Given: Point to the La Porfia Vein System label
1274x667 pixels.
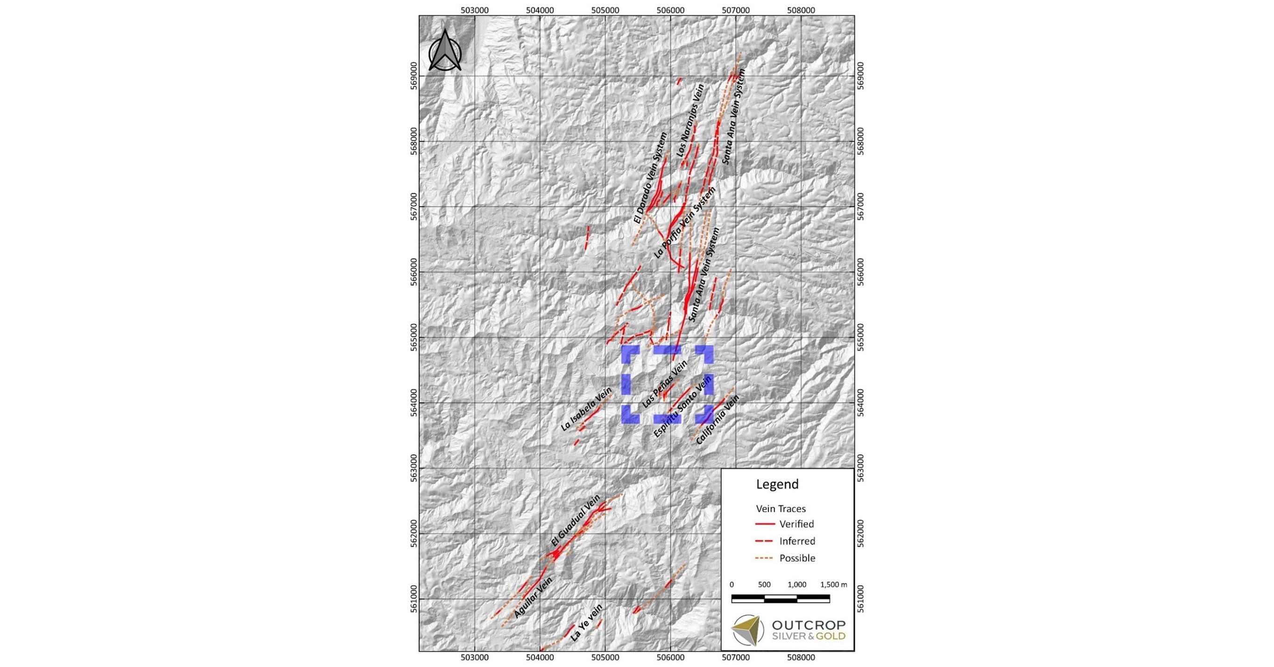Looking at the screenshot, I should [684, 223].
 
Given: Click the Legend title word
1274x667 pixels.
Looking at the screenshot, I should [777, 484].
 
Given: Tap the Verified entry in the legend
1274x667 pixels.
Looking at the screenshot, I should [796, 524].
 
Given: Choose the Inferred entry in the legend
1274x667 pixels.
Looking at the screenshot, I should [797, 541].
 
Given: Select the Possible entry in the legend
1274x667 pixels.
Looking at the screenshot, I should [797, 558].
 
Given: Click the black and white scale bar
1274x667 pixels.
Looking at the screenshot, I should [780, 599].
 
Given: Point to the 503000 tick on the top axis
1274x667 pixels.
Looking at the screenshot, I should [475, 10].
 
